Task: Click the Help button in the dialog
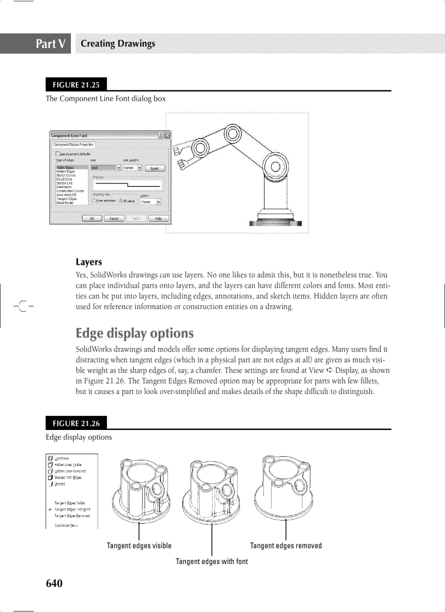(158, 219)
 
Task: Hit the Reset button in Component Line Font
(154, 168)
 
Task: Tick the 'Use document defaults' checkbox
(57, 154)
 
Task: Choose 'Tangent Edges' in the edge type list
(66, 199)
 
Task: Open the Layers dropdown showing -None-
(151, 201)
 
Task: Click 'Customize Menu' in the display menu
(65, 525)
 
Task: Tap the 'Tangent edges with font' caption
(212, 561)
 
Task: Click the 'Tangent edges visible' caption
(139, 546)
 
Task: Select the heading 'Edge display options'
(134, 333)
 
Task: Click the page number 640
(54, 584)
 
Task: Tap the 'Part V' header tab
(52, 44)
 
